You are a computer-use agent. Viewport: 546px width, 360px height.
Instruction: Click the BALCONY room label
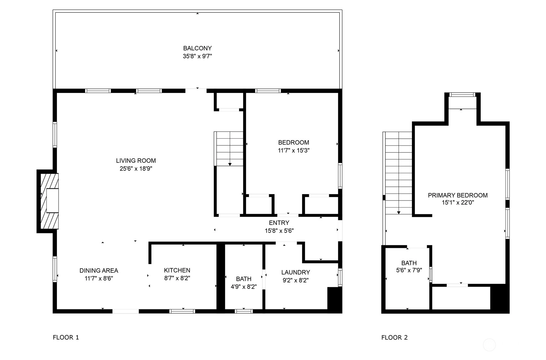(197, 48)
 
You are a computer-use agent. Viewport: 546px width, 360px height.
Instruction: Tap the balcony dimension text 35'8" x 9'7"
(197, 56)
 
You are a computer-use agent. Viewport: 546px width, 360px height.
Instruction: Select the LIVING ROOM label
(136, 161)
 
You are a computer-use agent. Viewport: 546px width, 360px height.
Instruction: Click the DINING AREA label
(99, 271)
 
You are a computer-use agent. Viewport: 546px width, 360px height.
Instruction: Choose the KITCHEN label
(177, 270)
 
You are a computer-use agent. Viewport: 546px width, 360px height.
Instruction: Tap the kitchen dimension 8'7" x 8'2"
(177, 278)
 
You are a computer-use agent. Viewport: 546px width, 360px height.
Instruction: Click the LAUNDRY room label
(296, 273)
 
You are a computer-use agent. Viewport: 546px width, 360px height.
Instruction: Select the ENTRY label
(279, 223)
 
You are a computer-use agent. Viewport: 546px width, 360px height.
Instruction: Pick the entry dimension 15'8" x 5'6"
(279, 231)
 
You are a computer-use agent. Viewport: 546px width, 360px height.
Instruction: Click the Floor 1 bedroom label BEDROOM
(294, 143)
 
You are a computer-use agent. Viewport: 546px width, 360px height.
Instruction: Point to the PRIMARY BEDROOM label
(458, 195)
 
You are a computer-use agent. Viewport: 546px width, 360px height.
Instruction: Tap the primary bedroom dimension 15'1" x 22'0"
(458, 202)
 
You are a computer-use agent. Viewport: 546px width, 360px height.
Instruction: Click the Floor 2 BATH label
(409, 263)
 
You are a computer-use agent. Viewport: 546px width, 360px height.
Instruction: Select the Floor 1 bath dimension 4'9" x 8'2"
(244, 287)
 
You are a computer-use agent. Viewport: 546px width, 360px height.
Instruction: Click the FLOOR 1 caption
(66, 337)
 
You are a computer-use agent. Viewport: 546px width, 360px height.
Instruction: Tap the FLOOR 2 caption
(394, 338)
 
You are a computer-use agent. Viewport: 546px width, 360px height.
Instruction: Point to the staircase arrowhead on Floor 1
(230, 164)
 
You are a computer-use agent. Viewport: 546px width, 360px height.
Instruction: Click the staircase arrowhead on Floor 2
(398, 213)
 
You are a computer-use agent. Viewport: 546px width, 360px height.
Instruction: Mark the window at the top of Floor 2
(462, 94)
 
